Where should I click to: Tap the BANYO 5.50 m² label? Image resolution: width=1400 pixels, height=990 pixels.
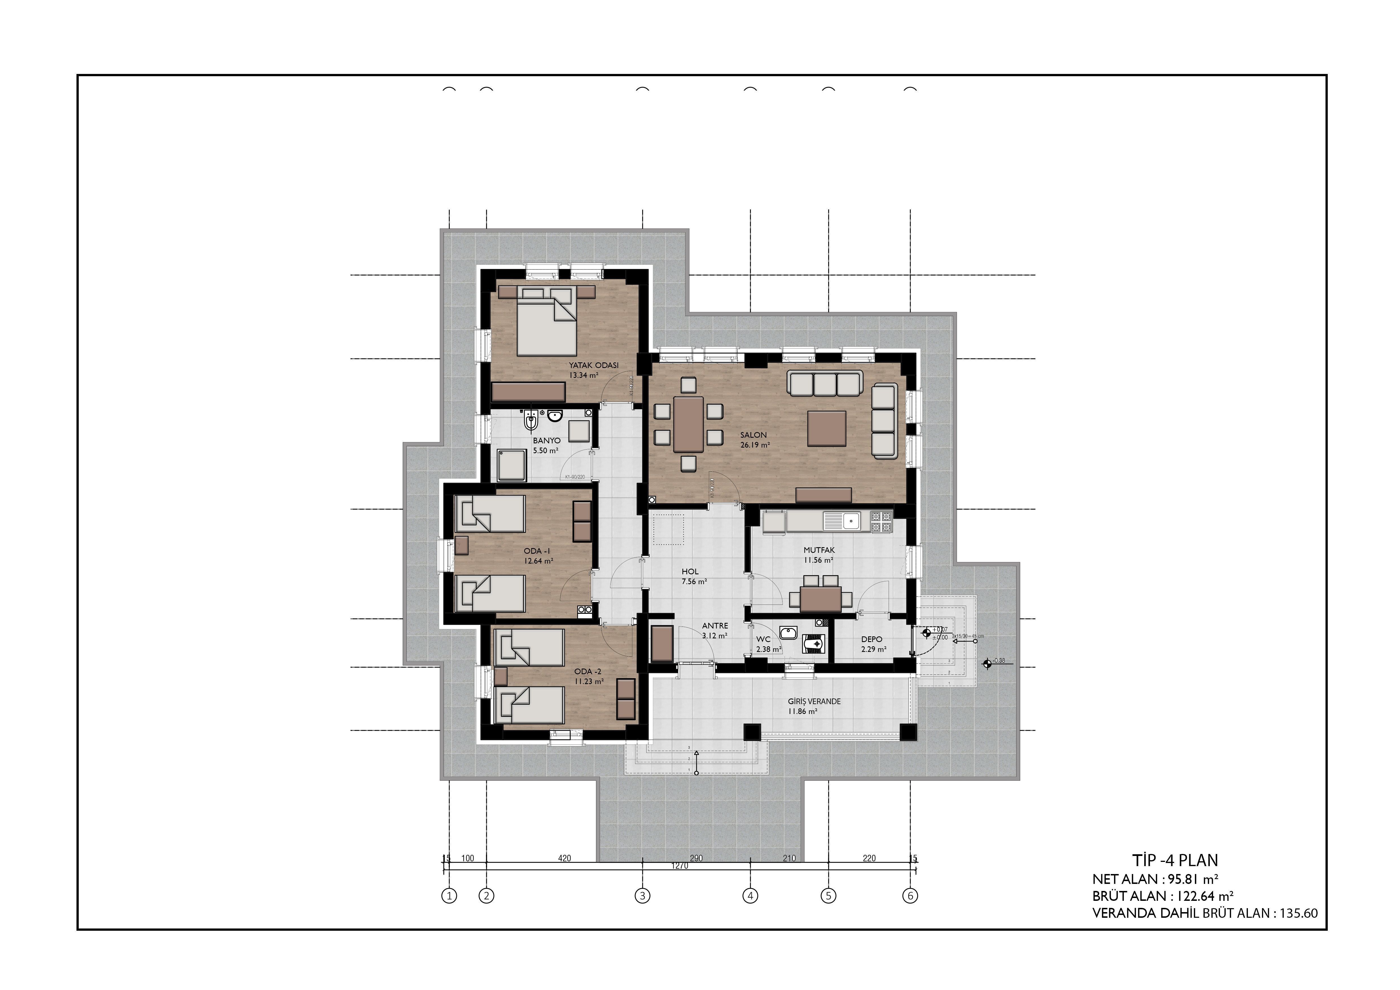[546, 446]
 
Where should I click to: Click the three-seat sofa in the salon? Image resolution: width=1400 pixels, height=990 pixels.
[824, 384]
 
